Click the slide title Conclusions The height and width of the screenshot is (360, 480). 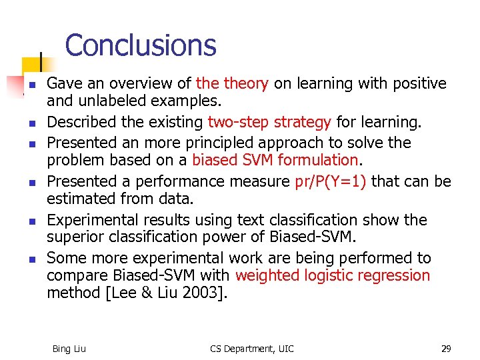[x=141, y=45]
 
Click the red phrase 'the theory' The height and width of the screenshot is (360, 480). [x=232, y=84]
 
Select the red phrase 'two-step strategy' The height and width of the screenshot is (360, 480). [x=269, y=123]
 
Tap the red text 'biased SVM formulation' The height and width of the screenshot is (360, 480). [x=275, y=160]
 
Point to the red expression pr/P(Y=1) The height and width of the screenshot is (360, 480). [x=331, y=181]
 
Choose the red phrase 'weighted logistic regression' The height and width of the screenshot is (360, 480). [x=333, y=275]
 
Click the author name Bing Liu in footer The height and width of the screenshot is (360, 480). [x=69, y=349]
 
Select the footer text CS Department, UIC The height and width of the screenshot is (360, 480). [x=251, y=349]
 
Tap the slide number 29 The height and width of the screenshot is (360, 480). [x=445, y=349]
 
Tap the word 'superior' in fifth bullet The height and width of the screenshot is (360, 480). [x=74, y=237]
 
